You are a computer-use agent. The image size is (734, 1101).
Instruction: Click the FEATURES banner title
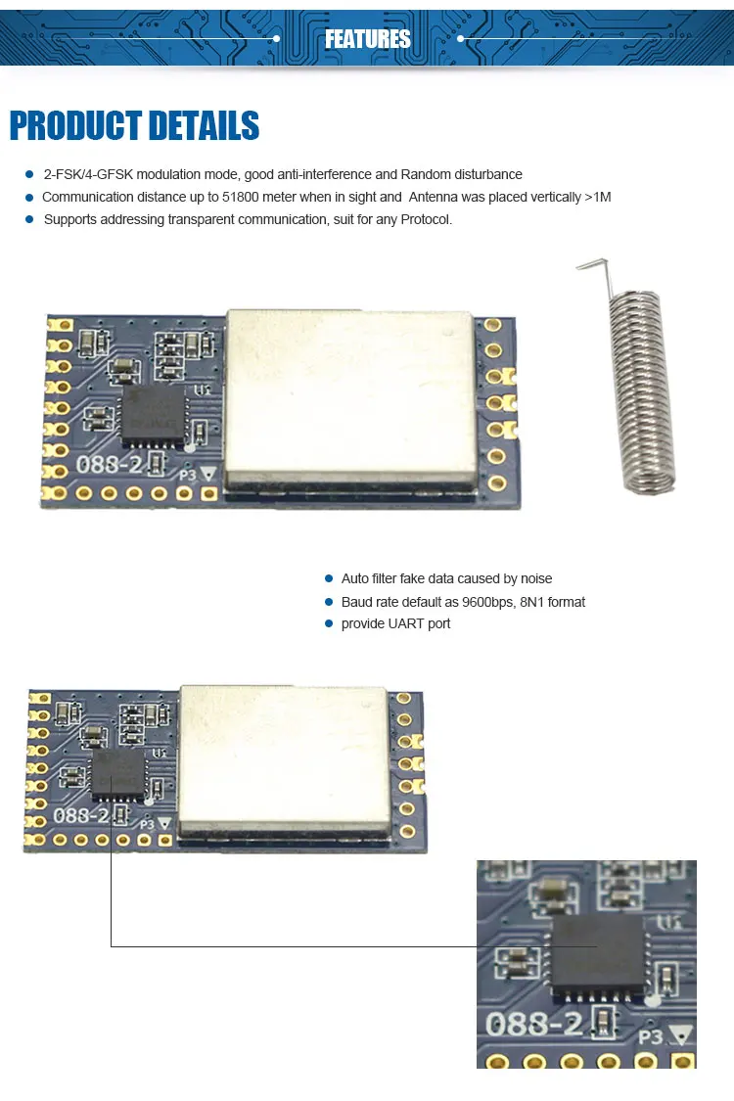[x=367, y=39]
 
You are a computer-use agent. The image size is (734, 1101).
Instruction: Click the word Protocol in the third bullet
[x=425, y=219]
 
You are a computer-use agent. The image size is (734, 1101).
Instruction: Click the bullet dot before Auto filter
[x=329, y=579]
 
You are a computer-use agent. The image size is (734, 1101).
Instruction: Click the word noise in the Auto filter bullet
[x=534, y=579]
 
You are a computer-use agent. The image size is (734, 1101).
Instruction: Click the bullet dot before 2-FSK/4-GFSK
[x=29, y=175]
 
